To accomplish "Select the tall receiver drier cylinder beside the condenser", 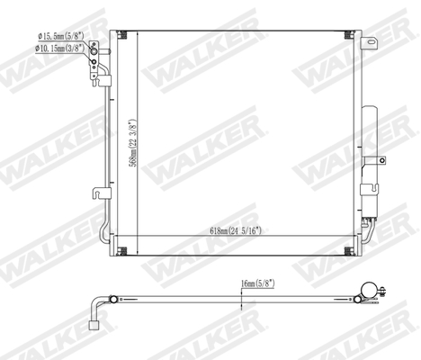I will coord(370,144).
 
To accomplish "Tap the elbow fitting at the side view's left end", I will coord(95,317).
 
